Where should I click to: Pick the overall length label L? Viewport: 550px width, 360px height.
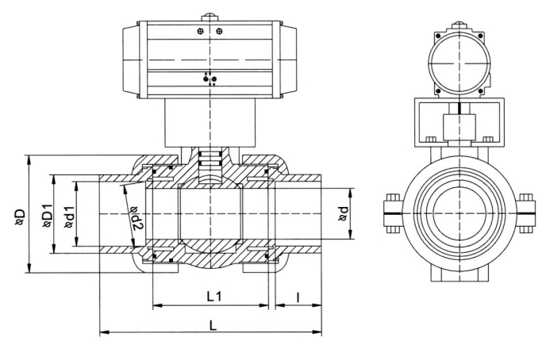pos(210,326)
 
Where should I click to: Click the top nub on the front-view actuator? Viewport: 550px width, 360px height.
pos(210,17)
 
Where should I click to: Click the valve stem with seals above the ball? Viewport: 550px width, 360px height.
pos(211,159)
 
